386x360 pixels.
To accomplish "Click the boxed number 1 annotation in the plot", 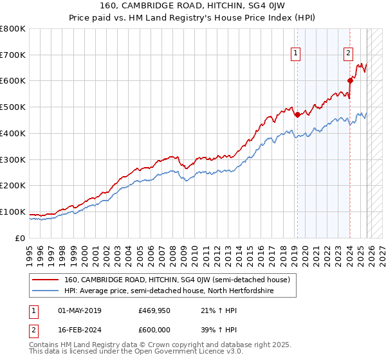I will click(x=295, y=54).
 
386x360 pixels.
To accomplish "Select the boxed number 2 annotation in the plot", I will click(x=348, y=54).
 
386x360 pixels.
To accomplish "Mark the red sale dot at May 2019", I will click(x=297, y=115).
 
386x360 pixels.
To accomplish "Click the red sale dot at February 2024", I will click(x=350, y=80).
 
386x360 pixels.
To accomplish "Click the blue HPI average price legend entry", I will click(x=169, y=291).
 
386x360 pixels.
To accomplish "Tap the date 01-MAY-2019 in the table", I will click(x=80, y=311).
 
